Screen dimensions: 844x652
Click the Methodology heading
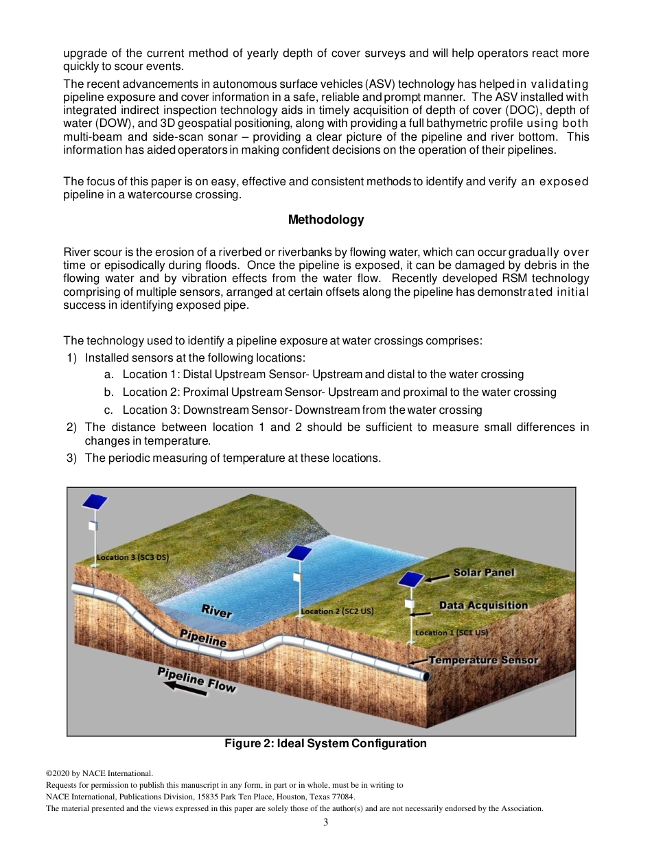(326, 220)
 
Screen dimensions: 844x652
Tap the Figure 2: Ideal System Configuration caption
(326, 743)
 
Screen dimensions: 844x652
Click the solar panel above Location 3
(95, 502)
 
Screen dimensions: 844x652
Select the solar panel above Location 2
(299, 552)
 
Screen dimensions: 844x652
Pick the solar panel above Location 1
(410, 579)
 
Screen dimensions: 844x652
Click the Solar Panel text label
(483, 572)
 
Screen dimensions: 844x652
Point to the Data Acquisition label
(483, 605)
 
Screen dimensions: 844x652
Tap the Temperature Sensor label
(484, 660)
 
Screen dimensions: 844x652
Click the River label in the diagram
(216, 610)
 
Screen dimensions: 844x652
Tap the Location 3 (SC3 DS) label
(132, 557)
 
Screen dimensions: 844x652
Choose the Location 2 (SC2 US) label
(337, 611)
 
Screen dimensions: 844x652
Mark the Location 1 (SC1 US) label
(451, 633)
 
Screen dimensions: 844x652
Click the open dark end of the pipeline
(426, 677)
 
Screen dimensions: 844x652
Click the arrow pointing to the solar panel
(436, 578)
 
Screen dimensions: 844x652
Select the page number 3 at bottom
(326, 822)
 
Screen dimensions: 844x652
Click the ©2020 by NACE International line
(99, 773)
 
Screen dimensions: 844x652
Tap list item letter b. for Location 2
(109, 392)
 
